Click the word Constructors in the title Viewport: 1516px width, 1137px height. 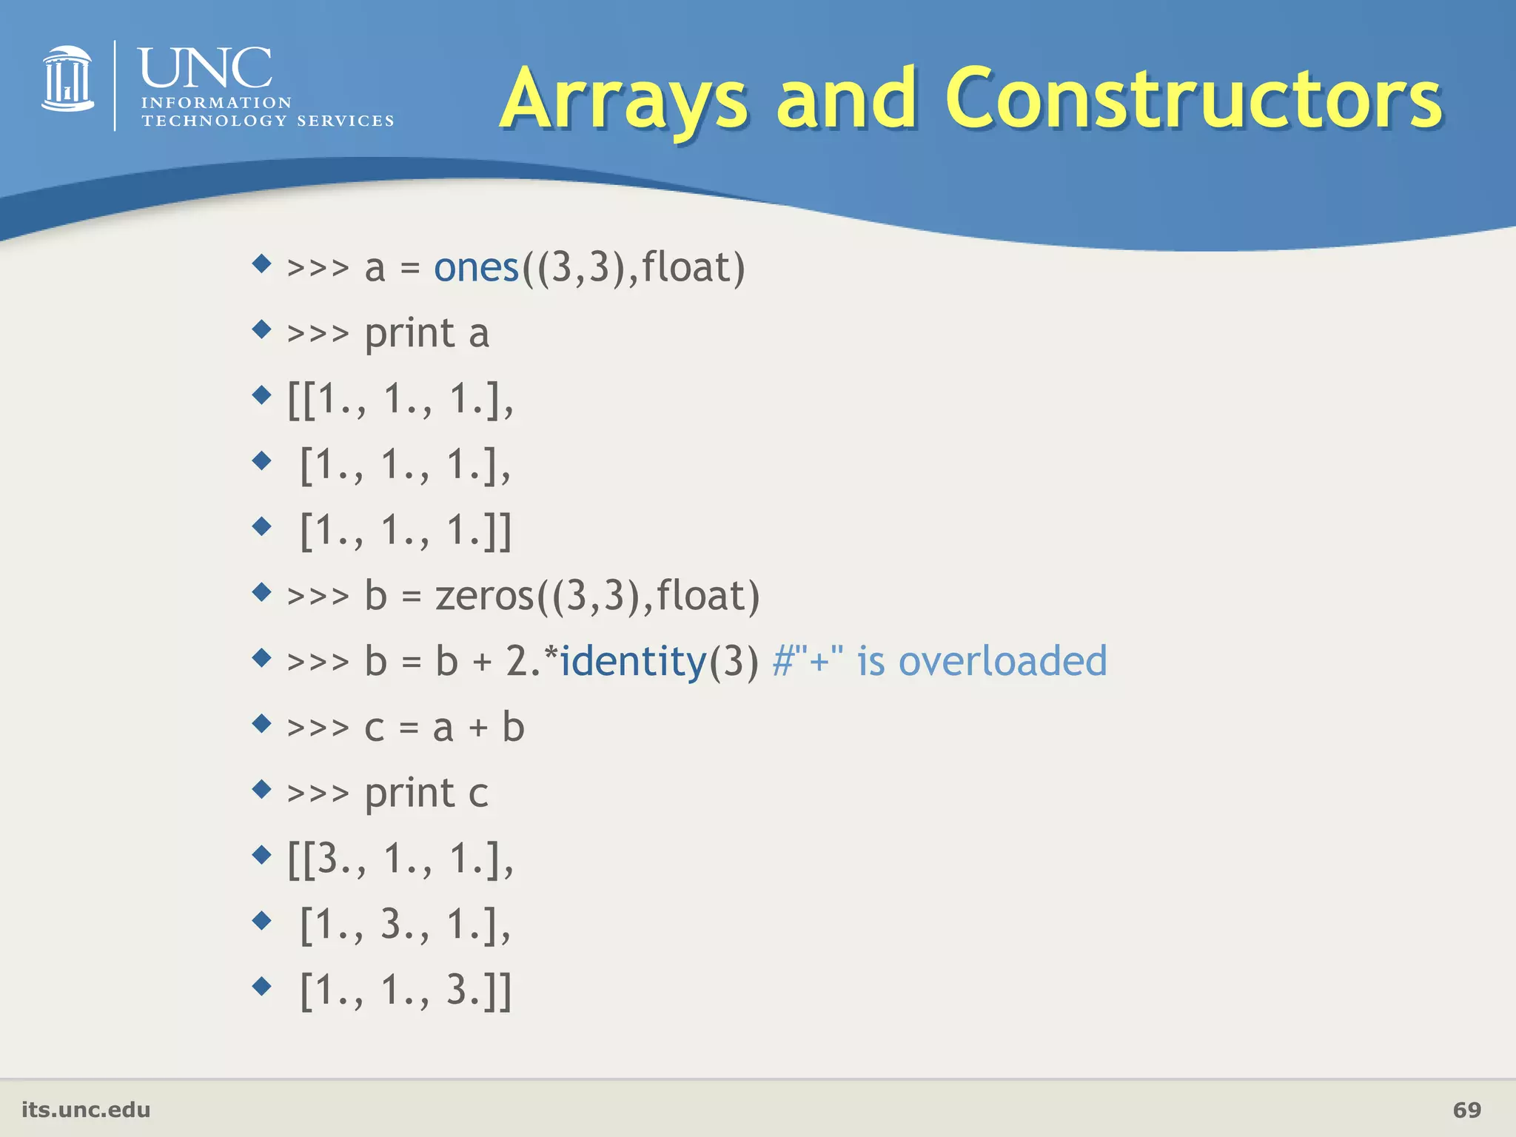pos(1193,98)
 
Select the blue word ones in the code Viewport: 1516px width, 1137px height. pos(476,267)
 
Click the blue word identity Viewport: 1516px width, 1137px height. pos(633,661)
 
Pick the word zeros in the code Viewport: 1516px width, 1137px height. pos(484,596)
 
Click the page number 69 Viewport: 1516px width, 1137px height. pos(1466,1110)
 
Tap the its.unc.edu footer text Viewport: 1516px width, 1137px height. pos(86,1110)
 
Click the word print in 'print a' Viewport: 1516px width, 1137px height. pos(409,334)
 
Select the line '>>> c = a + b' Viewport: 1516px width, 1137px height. pos(406,727)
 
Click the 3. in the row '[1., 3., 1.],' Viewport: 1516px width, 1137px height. pos(396,925)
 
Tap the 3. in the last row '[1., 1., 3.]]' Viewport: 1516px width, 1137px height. pos(461,990)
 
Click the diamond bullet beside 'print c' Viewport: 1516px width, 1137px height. pos(262,789)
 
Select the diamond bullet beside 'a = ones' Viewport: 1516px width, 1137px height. pos(262,264)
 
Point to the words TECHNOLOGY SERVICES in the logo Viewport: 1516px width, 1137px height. pos(267,121)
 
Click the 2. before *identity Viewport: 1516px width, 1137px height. pos(523,661)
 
